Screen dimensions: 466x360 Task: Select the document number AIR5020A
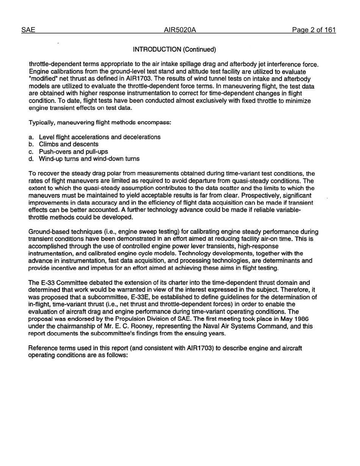point(180,30)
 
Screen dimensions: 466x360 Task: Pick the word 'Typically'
point(41,122)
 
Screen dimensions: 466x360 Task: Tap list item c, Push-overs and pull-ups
point(73,152)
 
